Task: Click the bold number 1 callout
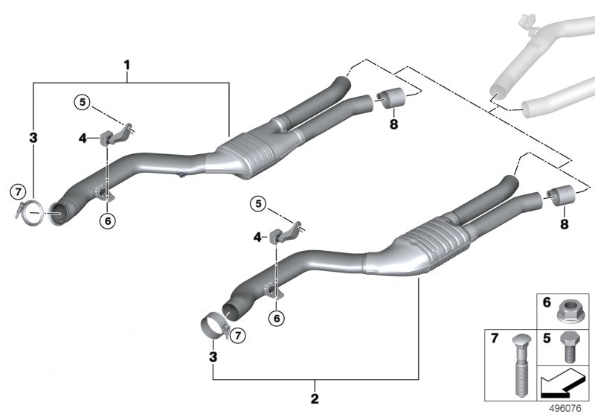pos(126,66)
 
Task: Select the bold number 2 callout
pos(315,398)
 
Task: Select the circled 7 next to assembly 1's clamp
pos(17,193)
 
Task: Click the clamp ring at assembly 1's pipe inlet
pos(31,214)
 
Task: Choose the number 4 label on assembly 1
pos(84,137)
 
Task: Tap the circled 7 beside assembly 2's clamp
pos(237,337)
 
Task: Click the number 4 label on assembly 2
pos(257,237)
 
